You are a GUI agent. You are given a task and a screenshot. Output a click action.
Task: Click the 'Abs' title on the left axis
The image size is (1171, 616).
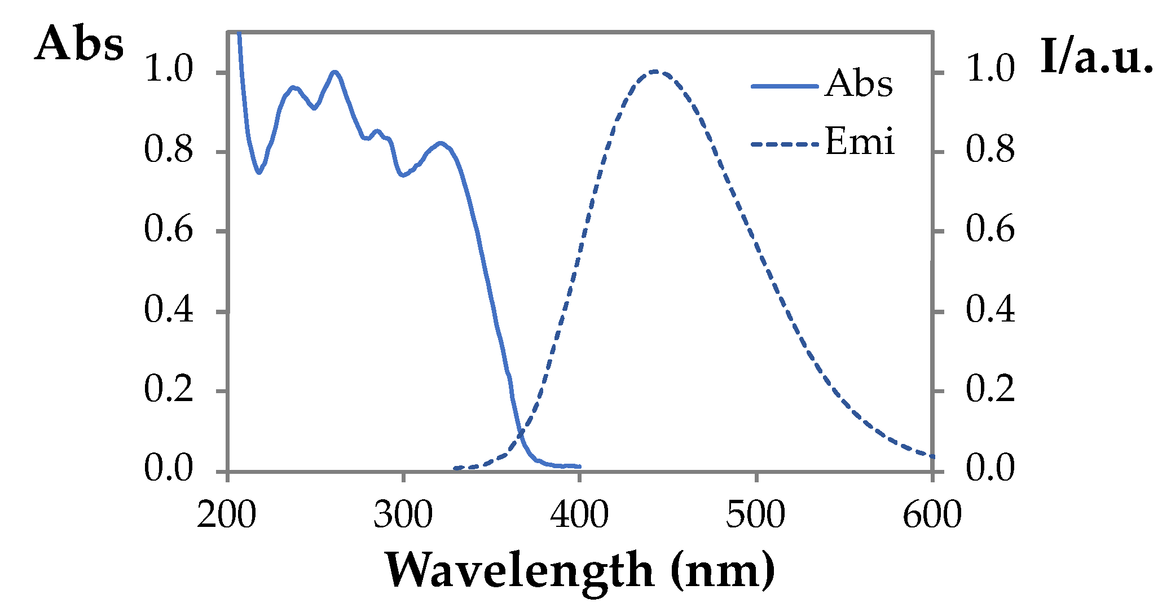click(x=79, y=44)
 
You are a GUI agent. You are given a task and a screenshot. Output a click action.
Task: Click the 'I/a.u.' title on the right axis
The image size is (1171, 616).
click(x=1096, y=56)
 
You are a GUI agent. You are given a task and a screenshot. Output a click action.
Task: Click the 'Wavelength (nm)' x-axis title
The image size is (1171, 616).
click(x=580, y=571)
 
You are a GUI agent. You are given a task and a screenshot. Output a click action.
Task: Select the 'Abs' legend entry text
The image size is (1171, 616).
click(x=859, y=85)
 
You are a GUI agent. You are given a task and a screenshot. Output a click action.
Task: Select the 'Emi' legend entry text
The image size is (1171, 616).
click(x=860, y=142)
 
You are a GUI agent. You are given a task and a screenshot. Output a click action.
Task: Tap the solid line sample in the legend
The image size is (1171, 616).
click(x=784, y=86)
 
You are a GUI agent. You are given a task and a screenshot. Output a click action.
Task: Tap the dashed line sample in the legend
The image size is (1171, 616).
click(x=784, y=144)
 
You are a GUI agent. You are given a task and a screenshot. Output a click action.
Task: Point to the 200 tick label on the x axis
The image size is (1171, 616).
click(x=227, y=515)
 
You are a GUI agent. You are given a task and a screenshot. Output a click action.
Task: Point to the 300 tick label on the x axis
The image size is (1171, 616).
click(x=403, y=515)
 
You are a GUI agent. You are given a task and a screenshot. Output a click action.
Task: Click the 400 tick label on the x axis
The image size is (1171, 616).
click(x=579, y=515)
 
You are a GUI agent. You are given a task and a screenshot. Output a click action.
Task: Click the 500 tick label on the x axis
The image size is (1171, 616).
click(x=755, y=515)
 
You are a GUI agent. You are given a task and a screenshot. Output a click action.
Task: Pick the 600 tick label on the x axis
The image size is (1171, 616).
click(x=932, y=515)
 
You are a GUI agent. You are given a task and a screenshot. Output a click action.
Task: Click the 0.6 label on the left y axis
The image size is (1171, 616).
click(x=168, y=230)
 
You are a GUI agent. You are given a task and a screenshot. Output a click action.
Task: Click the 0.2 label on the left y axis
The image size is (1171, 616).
click(x=168, y=389)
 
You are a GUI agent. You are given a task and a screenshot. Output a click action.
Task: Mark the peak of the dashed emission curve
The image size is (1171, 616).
click(x=655, y=72)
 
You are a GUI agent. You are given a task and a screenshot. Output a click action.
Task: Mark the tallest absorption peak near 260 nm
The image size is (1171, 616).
click(x=335, y=72)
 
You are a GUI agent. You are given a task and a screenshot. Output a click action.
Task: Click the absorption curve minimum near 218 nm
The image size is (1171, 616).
click(x=259, y=173)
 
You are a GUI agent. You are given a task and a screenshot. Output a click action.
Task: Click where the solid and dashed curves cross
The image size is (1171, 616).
click(x=521, y=433)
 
